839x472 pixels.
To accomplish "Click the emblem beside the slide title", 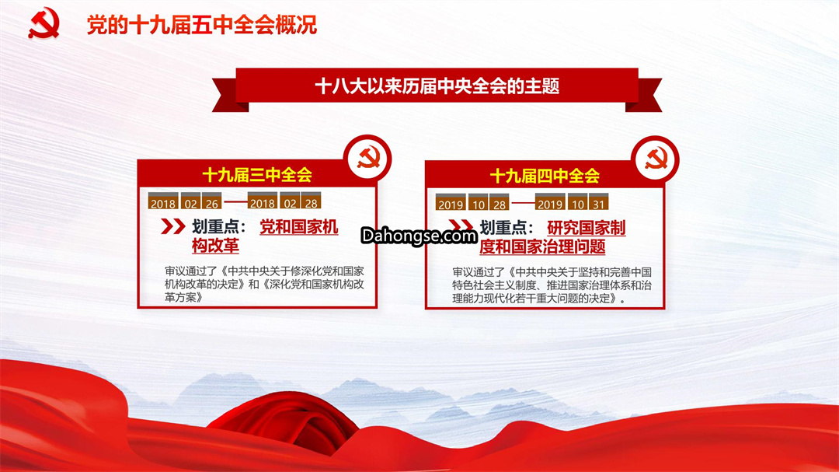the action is [44, 23].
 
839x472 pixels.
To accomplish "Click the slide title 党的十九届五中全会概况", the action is [202, 25].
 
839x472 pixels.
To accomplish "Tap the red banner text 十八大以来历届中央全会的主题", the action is [437, 86].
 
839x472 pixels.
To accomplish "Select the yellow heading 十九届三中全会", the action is [257, 175].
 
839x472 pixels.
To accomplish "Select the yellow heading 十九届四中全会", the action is [545, 176].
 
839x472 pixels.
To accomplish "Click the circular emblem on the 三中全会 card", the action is [367, 159].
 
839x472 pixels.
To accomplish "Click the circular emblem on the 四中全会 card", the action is [656, 159].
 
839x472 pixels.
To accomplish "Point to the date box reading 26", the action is [212, 201].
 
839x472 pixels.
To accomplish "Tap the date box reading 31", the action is [599, 201].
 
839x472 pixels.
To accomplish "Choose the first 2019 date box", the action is [451, 201].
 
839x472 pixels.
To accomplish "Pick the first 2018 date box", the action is [163, 201].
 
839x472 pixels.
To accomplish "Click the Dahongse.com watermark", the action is [419, 236].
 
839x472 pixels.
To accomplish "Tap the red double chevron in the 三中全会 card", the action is [172, 226].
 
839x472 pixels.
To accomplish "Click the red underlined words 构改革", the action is [216, 246].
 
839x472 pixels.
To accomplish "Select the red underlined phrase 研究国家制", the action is [586, 229].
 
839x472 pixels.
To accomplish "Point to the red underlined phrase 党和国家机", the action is [298, 227].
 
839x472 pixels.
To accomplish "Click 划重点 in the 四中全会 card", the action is [502, 229].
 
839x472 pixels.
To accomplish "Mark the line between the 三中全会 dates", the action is [235, 201].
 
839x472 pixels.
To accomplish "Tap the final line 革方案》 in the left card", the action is [183, 297].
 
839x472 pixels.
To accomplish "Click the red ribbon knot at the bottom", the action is [284, 423].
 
